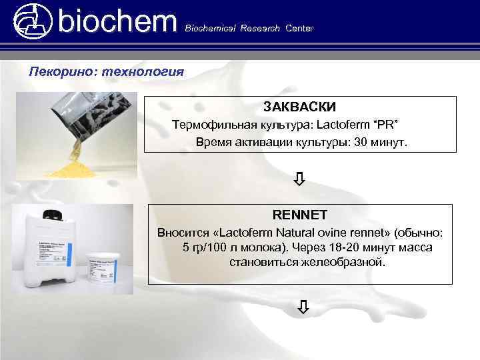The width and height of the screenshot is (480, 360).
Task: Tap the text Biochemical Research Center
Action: click(248, 28)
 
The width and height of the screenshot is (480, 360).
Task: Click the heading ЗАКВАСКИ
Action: click(299, 107)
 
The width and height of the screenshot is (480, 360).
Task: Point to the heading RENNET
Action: click(299, 215)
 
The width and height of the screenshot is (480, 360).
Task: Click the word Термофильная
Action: click(208, 125)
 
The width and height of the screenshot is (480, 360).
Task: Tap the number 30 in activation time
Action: click(362, 143)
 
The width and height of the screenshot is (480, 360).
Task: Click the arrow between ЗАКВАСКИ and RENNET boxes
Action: click(300, 179)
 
